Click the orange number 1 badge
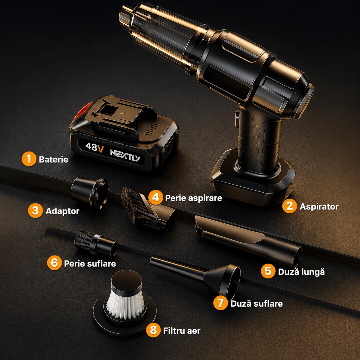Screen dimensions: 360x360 pyautogui.click(x=29, y=159)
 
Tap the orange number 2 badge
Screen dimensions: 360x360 pyautogui.click(x=289, y=206)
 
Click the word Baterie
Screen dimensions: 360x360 pyautogui.click(x=53, y=160)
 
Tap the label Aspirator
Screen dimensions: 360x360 pyautogui.click(x=319, y=207)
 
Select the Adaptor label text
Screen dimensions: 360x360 pyautogui.click(x=62, y=211)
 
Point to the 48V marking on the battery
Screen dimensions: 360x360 pyautogui.click(x=94, y=147)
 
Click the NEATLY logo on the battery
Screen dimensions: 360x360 pyautogui.click(x=125, y=155)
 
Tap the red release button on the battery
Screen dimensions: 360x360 pyautogui.click(x=81, y=111)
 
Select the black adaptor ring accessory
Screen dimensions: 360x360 pyautogui.click(x=90, y=192)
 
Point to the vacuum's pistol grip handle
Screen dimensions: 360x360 pyautogui.click(x=260, y=138)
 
